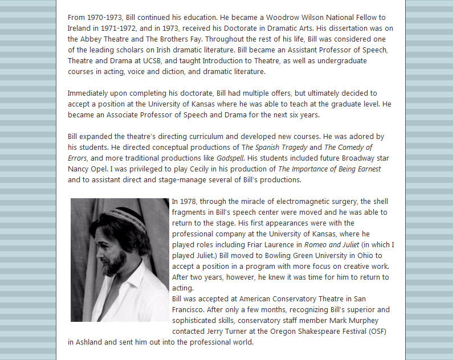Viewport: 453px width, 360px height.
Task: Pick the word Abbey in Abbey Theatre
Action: [x=93, y=39]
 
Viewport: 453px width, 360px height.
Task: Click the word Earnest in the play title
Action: [x=366, y=169]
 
